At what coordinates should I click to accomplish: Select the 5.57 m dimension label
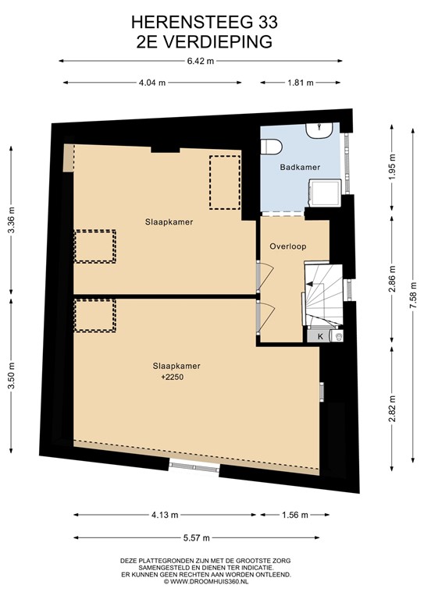tap(198, 537)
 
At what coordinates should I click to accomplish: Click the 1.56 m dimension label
tap(294, 515)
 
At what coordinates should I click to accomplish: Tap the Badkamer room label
tap(299, 167)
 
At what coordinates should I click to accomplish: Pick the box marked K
tap(320, 336)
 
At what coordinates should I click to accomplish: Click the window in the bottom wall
tap(194, 466)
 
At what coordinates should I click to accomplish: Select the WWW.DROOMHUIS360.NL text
tap(205, 581)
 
